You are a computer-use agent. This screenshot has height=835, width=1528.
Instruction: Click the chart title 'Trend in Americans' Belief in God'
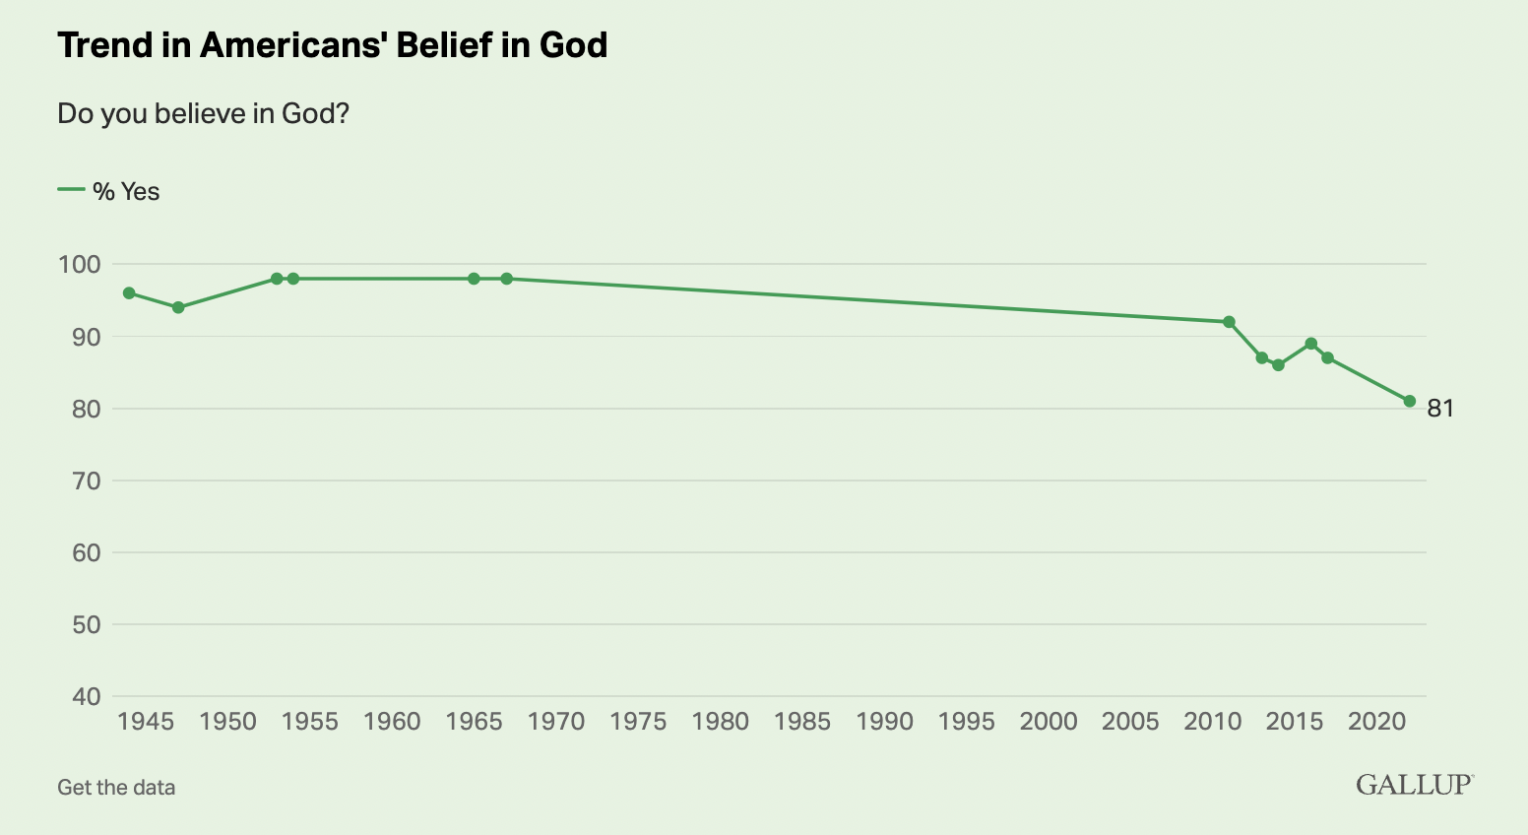(332, 45)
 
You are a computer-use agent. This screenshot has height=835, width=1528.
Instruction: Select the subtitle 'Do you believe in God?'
(204, 114)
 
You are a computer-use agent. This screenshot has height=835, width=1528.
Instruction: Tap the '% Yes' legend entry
(109, 191)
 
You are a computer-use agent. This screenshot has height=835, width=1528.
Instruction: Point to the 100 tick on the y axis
(80, 264)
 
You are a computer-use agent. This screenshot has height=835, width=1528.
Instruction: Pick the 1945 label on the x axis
(146, 722)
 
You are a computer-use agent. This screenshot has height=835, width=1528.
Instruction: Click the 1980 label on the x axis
(721, 722)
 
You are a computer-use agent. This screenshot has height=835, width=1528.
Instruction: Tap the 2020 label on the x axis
(1376, 722)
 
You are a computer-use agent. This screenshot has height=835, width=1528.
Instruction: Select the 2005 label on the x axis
(1130, 722)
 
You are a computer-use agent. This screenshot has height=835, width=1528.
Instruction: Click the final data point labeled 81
(1410, 401)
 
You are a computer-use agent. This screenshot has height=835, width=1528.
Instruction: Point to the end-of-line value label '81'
(1440, 408)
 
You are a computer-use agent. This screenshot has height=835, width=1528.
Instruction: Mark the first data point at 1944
(129, 293)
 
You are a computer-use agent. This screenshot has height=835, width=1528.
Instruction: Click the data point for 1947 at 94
(178, 307)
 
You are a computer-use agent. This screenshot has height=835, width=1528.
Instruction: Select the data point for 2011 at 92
(1229, 322)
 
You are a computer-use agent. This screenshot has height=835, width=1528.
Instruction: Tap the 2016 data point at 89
(1311, 344)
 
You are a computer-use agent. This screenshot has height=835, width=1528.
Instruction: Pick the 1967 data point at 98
(507, 279)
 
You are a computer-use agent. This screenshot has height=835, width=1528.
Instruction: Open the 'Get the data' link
(116, 788)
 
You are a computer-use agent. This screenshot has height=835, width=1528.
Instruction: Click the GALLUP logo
(1414, 785)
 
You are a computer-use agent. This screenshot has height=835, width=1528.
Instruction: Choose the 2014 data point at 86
(1278, 365)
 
